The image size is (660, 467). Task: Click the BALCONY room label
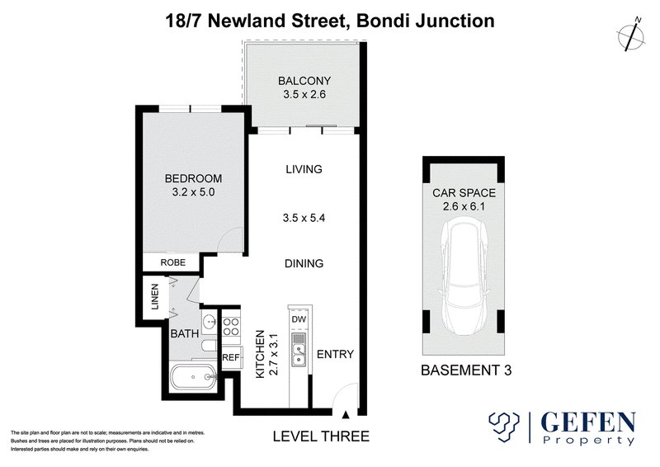pyautogui.click(x=304, y=80)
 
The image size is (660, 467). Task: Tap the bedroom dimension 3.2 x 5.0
pyautogui.click(x=193, y=192)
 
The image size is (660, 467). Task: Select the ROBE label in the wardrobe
pyautogui.click(x=173, y=262)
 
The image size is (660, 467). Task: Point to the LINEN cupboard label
pyautogui.click(x=155, y=296)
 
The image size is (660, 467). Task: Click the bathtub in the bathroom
pyautogui.click(x=193, y=377)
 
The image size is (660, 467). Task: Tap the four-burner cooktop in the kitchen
pyautogui.click(x=231, y=327)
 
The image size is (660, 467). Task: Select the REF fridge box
pyautogui.click(x=231, y=357)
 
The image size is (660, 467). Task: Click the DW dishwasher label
pyautogui.click(x=299, y=319)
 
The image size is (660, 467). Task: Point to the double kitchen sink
pyautogui.click(x=299, y=354)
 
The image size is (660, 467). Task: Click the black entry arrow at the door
pyautogui.click(x=346, y=415)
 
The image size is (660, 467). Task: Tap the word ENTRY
pyautogui.click(x=335, y=354)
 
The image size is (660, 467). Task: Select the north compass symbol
pyautogui.click(x=631, y=35)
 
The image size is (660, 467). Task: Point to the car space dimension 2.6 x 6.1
pyautogui.click(x=464, y=206)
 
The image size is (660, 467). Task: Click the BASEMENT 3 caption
pyautogui.click(x=466, y=370)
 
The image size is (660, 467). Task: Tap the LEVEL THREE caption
pyautogui.click(x=321, y=436)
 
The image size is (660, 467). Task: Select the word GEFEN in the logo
pyautogui.click(x=588, y=422)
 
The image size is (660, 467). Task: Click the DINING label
pyautogui.click(x=304, y=263)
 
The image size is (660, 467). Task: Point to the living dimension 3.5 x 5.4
pyautogui.click(x=304, y=218)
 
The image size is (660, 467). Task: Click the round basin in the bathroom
pyautogui.click(x=210, y=323)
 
